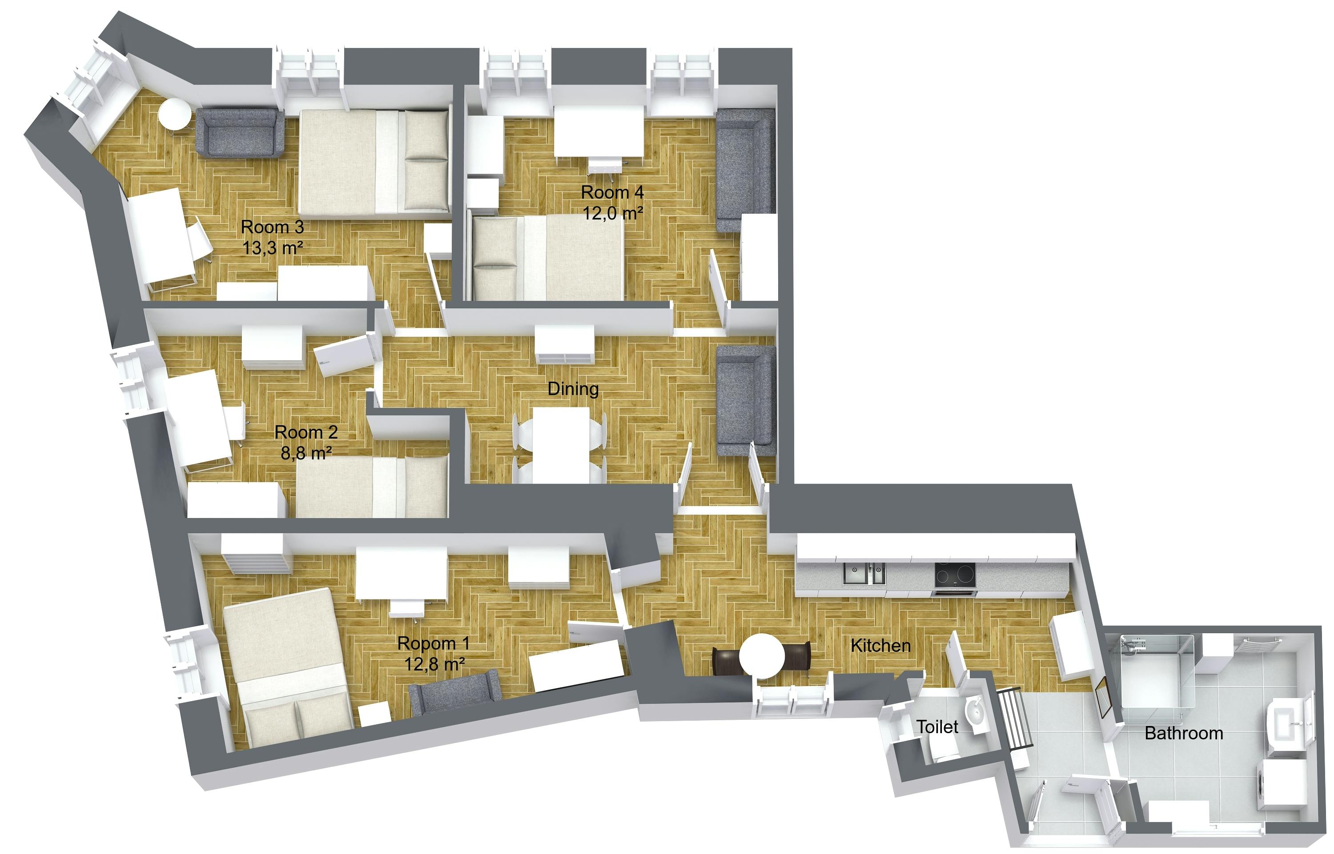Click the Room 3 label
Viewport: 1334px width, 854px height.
[272, 227]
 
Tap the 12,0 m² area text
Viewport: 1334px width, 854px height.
[613, 213]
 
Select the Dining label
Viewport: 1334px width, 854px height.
[573, 389]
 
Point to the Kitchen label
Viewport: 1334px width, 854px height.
[880, 646]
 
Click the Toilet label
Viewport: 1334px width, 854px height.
[937, 726]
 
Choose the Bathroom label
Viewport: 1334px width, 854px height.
[1184, 733]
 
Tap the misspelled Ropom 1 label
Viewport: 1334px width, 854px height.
[434, 643]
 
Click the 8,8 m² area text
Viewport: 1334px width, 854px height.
[306, 453]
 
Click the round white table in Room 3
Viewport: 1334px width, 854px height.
[174, 115]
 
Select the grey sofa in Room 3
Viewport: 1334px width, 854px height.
[240, 133]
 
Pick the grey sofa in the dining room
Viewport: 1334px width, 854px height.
[745, 400]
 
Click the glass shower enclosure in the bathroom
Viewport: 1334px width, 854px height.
[1157, 671]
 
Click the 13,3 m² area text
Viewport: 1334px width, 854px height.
[273, 247]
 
